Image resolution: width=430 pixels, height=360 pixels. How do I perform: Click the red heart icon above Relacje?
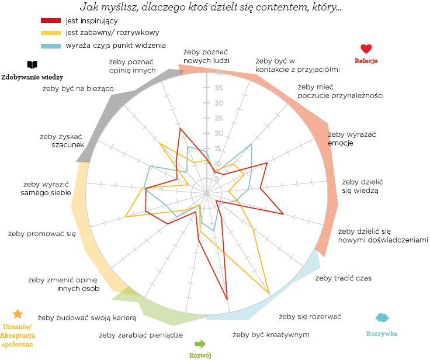(366, 49)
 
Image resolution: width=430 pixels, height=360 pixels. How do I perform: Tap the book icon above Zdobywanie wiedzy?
(32, 65)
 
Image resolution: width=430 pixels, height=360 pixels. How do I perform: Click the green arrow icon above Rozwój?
(200, 343)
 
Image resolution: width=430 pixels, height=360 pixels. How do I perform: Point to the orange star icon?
(18, 314)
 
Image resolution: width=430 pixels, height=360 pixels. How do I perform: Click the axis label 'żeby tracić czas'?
(344, 278)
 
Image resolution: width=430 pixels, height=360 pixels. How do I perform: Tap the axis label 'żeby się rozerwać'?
(310, 316)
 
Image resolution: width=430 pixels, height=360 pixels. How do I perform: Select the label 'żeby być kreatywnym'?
(271, 334)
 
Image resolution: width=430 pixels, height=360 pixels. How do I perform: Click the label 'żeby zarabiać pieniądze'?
(141, 335)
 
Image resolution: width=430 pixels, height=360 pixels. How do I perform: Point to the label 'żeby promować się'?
(42, 234)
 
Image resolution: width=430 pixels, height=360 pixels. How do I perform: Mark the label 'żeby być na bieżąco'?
(78, 88)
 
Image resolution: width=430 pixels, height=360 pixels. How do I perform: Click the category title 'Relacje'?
(366, 61)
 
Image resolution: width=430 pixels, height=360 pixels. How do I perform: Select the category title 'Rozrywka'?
(382, 334)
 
